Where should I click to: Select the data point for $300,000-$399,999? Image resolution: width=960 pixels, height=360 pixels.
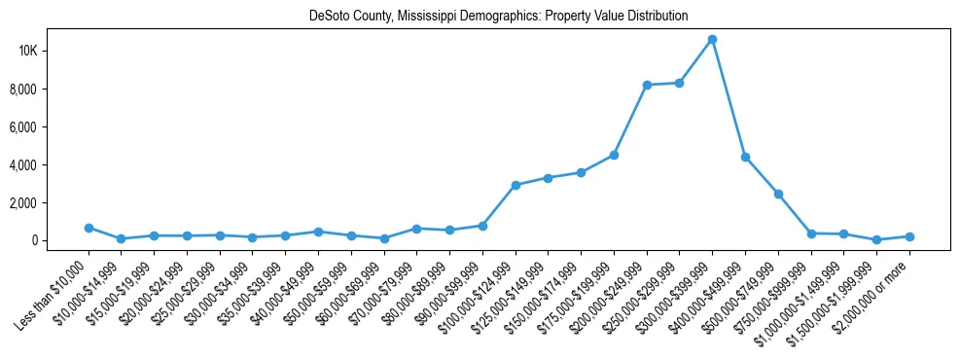[712, 39]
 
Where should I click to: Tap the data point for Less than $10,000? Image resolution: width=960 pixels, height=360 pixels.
[89, 228]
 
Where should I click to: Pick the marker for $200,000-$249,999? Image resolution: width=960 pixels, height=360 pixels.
[647, 85]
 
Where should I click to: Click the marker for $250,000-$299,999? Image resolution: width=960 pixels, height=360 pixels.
[679, 83]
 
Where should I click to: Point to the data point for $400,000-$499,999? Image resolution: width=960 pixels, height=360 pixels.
[745, 157]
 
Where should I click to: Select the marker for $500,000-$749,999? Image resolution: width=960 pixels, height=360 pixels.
[778, 194]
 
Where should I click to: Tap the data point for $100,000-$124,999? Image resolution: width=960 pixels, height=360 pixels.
[516, 185]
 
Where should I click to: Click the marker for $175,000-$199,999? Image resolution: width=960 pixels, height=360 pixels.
[614, 155]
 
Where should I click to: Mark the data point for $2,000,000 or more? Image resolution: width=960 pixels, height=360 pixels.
[909, 236]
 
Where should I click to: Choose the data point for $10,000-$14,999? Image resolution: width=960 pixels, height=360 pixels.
[122, 238]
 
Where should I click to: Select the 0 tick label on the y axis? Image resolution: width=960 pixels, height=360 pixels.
[60, 240]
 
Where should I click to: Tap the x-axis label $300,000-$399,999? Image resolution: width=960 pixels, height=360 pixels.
[681, 285]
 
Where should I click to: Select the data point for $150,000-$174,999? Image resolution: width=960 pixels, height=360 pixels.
[581, 172]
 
